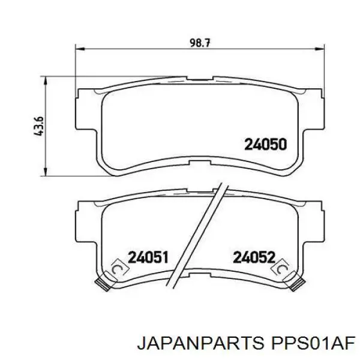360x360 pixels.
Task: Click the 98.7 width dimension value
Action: pyautogui.click(x=200, y=43)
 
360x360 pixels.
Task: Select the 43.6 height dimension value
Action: pyautogui.click(x=38, y=126)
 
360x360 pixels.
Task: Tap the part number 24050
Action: pyautogui.click(x=266, y=145)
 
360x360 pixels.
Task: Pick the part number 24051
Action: pyautogui.click(x=148, y=257)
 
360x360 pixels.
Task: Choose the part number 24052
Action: pyautogui.click(x=254, y=257)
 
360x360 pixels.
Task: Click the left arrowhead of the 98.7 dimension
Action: pyautogui.click(x=80, y=49)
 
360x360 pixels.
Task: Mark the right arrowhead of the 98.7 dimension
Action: pyautogui.click(x=320, y=49)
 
